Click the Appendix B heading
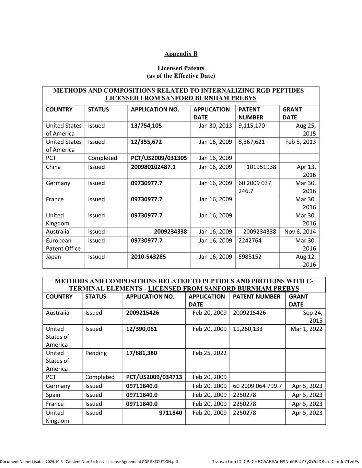[x=181, y=54]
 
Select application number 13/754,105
[x=146, y=126]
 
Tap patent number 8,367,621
[x=252, y=142]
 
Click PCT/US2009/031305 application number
[x=159, y=158]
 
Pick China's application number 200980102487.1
[x=153, y=167]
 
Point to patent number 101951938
[x=261, y=167]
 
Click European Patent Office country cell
[x=63, y=244]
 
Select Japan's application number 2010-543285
[x=148, y=257]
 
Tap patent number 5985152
[x=250, y=257]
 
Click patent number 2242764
[x=250, y=241]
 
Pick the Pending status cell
[x=96, y=353]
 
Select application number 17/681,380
[x=141, y=353]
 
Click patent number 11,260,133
[x=247, y=329]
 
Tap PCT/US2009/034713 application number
[x=154, y=377]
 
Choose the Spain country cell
[x=53, y=395]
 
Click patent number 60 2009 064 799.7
[x=257, y=386]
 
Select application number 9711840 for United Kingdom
[x=170, y=413]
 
